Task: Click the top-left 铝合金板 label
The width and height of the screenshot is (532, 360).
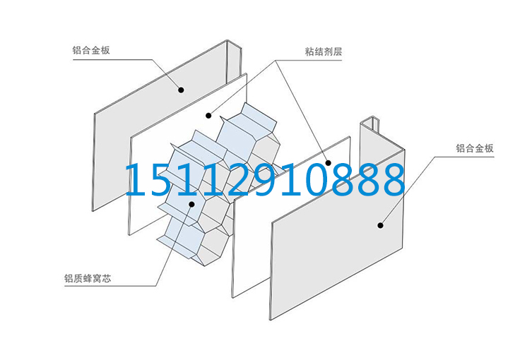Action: click(x=90, y=51)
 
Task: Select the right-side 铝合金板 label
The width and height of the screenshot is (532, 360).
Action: click(x=474, y=148)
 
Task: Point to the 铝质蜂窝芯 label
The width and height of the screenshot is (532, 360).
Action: click(x=88, y=278)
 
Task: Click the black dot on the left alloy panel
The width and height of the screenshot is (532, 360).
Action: click(x=181, y=90)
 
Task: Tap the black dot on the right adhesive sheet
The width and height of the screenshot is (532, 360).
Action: click(x=326, y=162)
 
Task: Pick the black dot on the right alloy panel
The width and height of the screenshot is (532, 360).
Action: click(x=380, y=225)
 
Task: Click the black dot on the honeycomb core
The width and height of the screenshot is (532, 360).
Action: click(x=191, y=205)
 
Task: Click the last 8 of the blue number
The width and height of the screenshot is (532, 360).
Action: click(x=391, y=180)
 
